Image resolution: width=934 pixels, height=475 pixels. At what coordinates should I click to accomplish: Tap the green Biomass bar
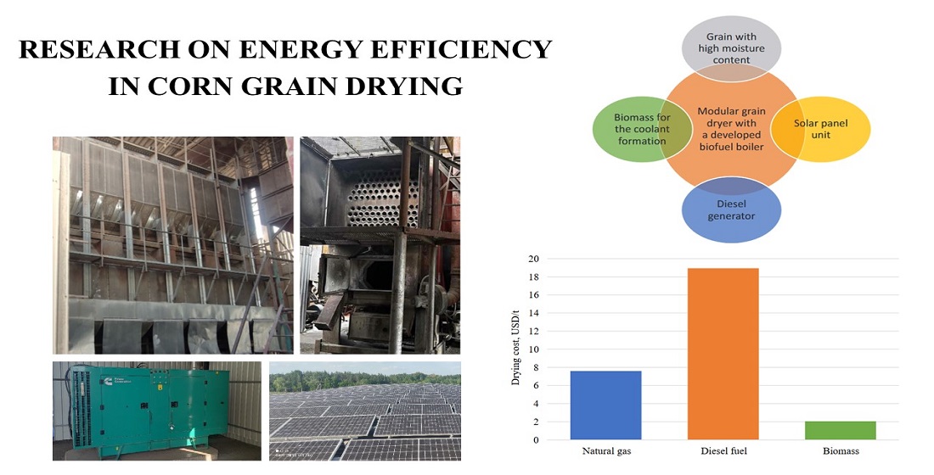(840, 430)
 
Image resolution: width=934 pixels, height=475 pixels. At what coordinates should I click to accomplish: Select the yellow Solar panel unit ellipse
(821, 129)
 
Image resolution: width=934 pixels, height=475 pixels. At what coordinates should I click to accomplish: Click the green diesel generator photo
(157, 411)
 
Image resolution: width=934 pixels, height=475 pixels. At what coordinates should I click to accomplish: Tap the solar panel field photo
(365, 411)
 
